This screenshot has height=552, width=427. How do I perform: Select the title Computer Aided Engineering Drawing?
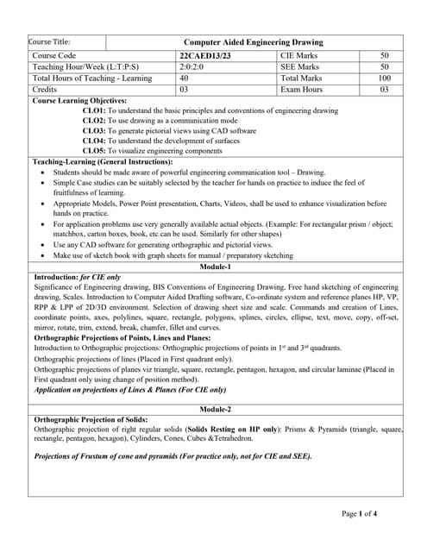point(254,41)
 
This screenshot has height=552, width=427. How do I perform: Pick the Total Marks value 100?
point(385,78)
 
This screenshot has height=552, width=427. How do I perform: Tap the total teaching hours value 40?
point(185,78)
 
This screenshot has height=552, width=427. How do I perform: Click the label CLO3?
point(94,130)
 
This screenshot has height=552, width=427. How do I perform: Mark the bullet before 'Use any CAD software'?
point(44,245)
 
